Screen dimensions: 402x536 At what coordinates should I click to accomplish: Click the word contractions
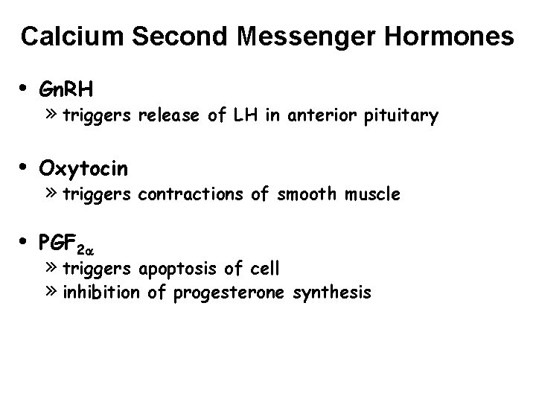(x=186, y=195)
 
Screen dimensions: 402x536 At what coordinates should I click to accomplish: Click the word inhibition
(x=101, y=293)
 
